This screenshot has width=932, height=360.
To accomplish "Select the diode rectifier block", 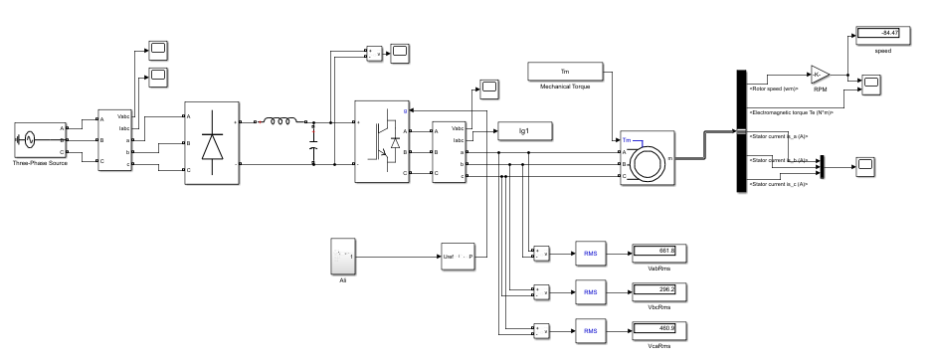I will (212, 143).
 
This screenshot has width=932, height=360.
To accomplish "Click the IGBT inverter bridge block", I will (382, 140).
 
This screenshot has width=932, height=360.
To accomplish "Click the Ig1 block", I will (519, 131).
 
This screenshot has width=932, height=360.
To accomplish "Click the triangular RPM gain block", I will (819, 75).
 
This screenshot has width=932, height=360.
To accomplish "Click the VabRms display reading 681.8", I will (653, 251).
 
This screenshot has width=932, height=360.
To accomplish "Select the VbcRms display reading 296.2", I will (653, 289).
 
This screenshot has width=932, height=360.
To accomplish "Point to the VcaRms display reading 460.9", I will (653, 328).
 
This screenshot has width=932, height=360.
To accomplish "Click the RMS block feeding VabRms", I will (590, 252).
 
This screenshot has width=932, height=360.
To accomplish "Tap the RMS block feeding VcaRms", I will (590, 329).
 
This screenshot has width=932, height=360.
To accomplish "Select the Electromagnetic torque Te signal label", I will (790, 112).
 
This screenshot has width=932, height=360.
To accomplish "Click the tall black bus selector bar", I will (740, 131).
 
